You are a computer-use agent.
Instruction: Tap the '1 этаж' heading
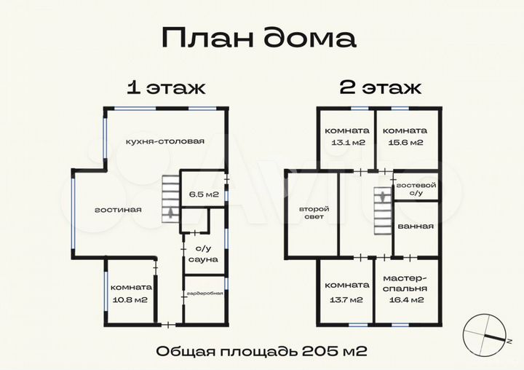166,88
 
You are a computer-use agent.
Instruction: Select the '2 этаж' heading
380,88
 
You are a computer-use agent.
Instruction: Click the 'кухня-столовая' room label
164,141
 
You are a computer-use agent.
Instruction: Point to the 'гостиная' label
118,210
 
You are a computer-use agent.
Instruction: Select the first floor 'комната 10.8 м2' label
132,293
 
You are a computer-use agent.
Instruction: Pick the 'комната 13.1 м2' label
346,135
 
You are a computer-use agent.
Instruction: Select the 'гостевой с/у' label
416,189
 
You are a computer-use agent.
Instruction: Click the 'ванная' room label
416,226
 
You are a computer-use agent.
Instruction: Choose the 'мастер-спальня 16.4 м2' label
405,288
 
